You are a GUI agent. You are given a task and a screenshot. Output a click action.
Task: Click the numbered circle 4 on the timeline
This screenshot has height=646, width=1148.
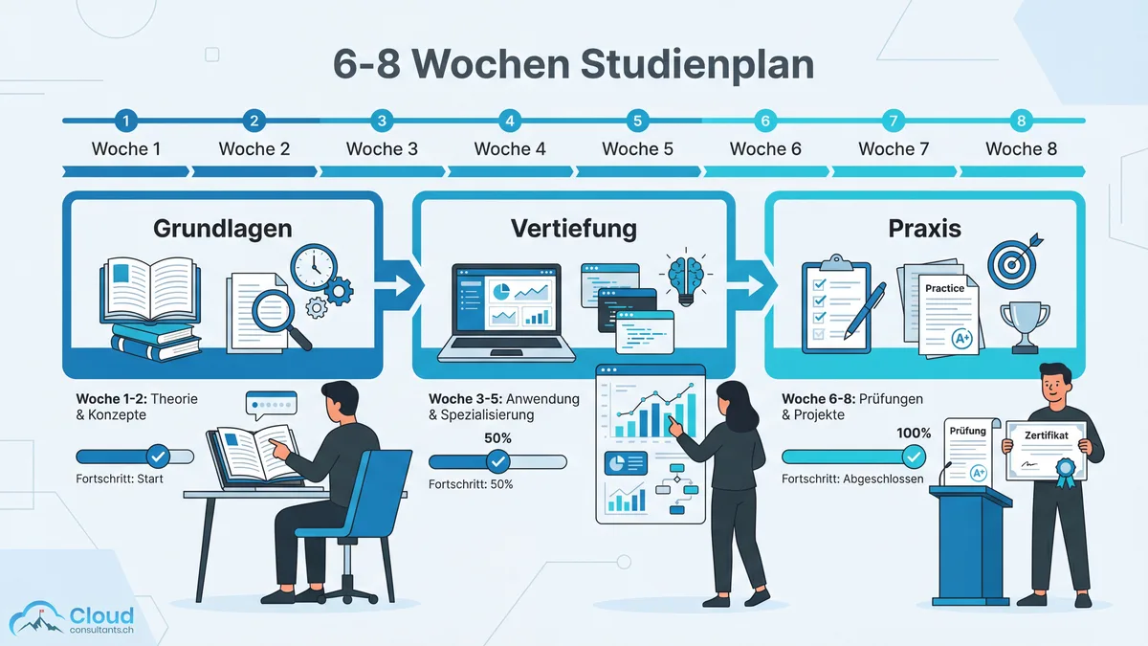(510, 121)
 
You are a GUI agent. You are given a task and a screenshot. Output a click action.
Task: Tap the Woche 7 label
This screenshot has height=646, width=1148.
(893, 148)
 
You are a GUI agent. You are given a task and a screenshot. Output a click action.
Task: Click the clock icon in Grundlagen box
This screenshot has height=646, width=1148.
(312, 266)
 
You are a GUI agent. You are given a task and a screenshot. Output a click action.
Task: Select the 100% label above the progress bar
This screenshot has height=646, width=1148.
(914, 433)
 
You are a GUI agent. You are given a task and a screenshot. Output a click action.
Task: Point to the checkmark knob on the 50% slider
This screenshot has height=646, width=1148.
(498, 461)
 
